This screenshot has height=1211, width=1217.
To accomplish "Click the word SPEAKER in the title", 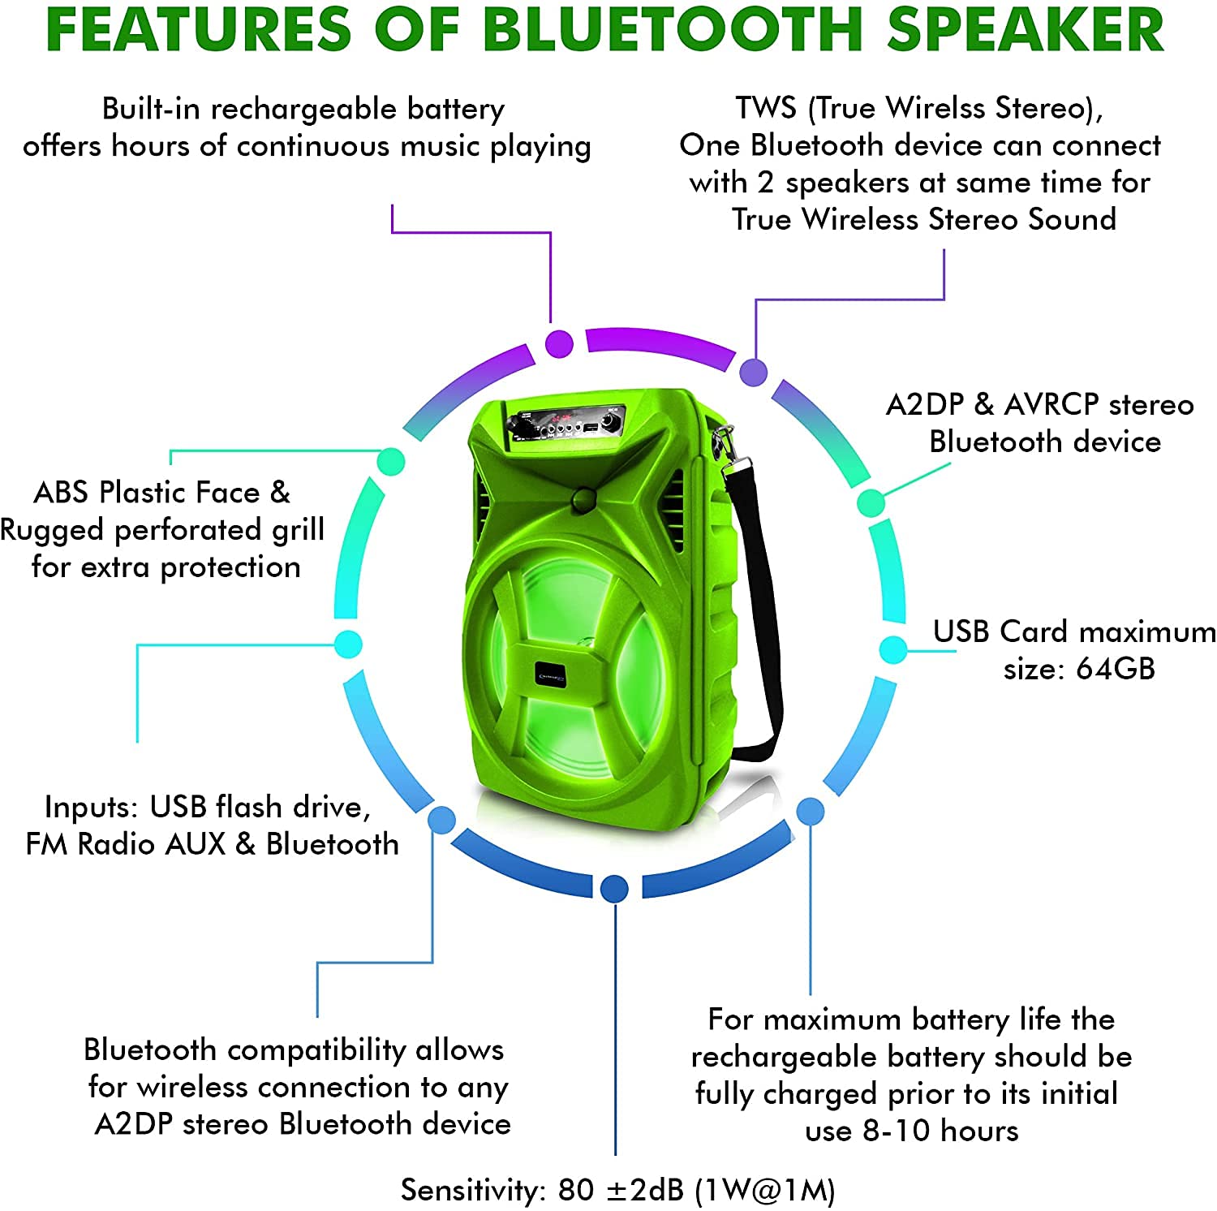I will [1026, 29].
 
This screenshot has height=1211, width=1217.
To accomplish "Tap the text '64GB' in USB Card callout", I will [1115, 669].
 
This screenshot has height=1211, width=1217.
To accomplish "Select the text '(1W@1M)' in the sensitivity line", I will [764, 1190].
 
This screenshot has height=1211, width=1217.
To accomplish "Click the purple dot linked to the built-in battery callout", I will [559, 343].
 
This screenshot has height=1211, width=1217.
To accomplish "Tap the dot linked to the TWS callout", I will [754, 373].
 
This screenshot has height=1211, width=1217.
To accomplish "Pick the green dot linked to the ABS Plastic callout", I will [391, 461].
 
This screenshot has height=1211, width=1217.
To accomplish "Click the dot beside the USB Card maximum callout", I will [893, 649].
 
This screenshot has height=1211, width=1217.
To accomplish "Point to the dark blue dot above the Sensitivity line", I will [614, 889].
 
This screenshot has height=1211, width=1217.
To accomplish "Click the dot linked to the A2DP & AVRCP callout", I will [871, 502].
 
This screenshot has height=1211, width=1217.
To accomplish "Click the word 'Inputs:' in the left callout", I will [92, 808].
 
